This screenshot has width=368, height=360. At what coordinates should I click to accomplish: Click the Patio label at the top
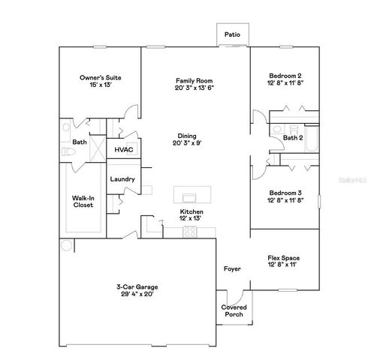point(233,34)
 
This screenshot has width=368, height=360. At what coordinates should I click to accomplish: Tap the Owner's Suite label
point(101,77)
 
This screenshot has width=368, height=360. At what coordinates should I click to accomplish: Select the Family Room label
point(191,80)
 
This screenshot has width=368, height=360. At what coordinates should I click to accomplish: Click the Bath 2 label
point(293,137)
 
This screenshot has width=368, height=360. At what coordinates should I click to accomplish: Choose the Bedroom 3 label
point(285,193)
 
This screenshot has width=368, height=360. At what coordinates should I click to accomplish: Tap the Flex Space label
point(285,258)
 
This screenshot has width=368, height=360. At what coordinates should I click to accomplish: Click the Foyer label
point(231,268)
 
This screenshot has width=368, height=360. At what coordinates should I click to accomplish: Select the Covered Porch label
point(233,310)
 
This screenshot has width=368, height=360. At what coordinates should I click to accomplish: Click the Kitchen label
point(191,212)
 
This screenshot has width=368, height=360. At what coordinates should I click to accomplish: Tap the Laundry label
point(122,179)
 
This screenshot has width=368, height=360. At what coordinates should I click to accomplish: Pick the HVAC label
point(122,149)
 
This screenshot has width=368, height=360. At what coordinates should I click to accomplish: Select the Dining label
point(191,136)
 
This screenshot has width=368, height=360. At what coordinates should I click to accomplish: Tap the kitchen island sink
point(190,197)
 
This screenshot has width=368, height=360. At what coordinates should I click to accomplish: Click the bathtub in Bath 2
point(313,136)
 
